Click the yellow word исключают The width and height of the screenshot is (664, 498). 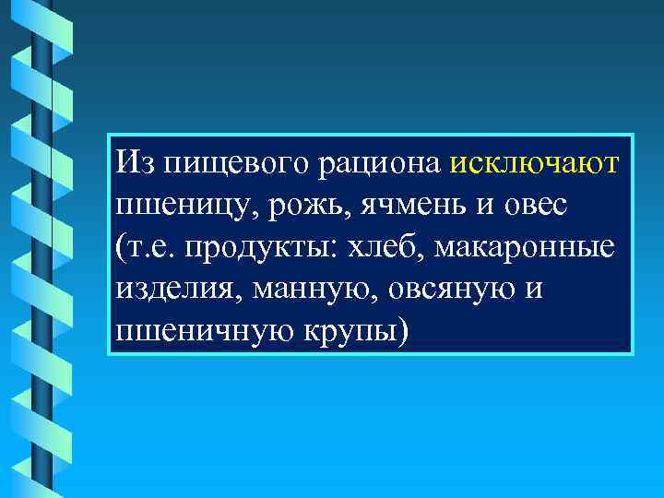coord(536,162)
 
